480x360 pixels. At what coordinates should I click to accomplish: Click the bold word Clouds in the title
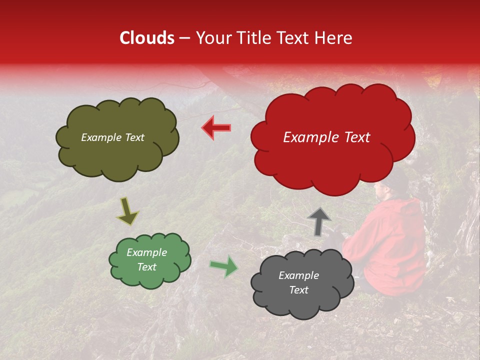pyautogui.click(x=147, y=38)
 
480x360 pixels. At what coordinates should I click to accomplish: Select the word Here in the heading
pyautogui.click(x=334, y=38)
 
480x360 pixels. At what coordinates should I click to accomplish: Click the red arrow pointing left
pyautogui.click(x=216, y=127)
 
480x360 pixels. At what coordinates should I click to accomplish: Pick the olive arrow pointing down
pyautogui.click(x=127, y=211)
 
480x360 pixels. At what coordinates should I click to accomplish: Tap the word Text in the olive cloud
pyautogui.click(x=133, y=137)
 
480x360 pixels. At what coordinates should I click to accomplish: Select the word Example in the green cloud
pyautogui.click(x=146, y=252)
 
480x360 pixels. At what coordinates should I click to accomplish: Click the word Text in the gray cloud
pyautogui.click(x=299, y=290)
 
